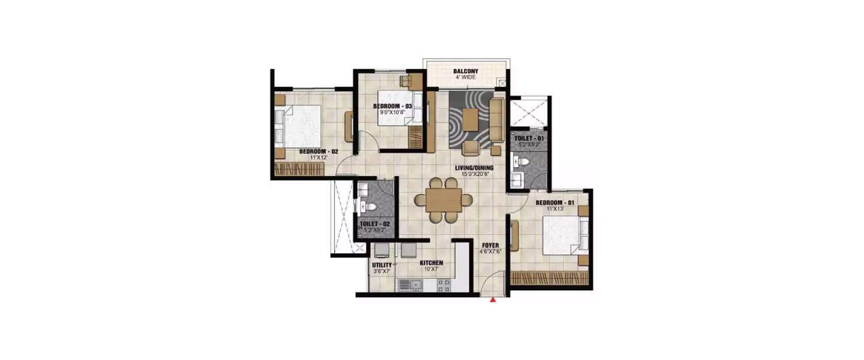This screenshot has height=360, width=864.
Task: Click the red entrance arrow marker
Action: (x=493, y=300)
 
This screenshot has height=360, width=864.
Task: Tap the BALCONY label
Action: (x=465, y=71)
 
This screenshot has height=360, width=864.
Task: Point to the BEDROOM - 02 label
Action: (x=319, y=151)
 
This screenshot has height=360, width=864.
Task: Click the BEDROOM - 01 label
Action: (x=554, y=202)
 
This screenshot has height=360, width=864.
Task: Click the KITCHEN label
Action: (x=431, y=263)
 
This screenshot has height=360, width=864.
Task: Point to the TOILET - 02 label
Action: (x=374, y=223)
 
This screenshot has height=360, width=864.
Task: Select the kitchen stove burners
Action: (x=444, y=284)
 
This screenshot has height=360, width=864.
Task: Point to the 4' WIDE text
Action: (x=465, y=78)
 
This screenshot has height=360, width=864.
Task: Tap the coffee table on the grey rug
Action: (x=470, y=120)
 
